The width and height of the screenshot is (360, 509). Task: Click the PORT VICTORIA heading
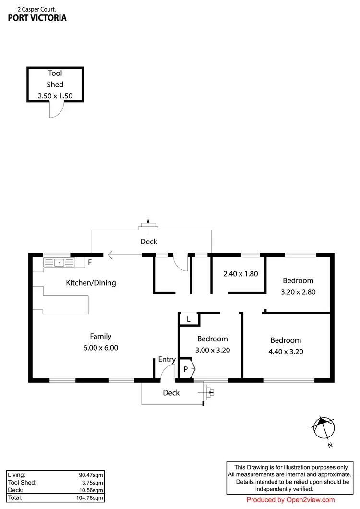click(x=37, y=18)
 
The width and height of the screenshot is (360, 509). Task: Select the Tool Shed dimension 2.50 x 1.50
click(x=55, y=96)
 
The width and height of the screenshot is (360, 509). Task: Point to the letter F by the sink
click(x=89, y=263)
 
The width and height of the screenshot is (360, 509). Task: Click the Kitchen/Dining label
click(x=91, y=283)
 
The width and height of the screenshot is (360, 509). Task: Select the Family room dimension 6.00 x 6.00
click(x=101, y=348)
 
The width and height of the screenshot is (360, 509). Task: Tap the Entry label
click(x=167, y=359)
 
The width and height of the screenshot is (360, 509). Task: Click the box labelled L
click(x=188, y=319)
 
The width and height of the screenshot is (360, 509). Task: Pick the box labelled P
click(x=185, y=369)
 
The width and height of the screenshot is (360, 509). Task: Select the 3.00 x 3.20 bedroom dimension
click(x=212, y=350)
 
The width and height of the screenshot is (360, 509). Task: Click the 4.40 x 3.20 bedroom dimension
click(x=286, y=351)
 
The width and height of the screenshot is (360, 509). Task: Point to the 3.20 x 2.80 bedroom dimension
click(x=298, y=291)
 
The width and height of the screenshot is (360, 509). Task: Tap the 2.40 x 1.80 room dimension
click(x=240, y=274)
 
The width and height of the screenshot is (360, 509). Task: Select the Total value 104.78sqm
click(x=91, y=498)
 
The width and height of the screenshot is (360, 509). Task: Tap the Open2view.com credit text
click(x=290, y=500)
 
